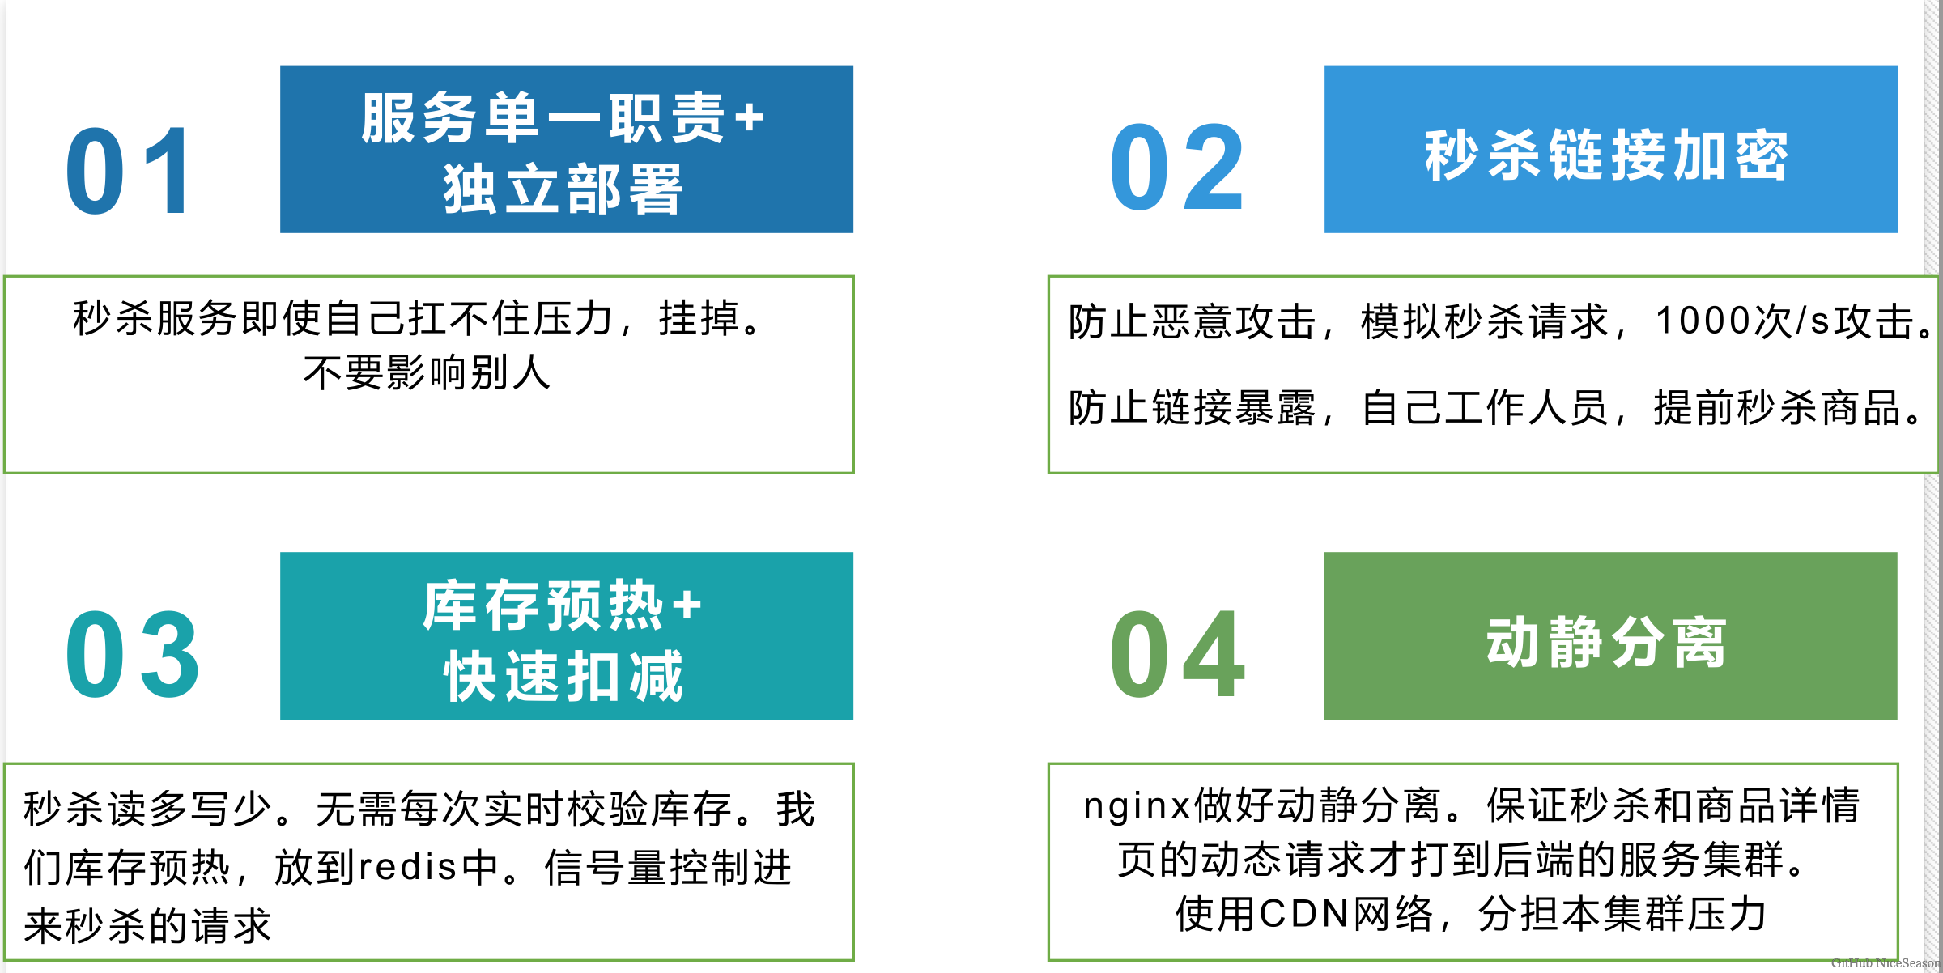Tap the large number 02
pos(1176,168)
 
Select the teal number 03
pos(132,655)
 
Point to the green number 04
pos(1176,655)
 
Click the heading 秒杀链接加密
pos(1607,155)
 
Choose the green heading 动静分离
pos(1607,642)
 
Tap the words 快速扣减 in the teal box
pos(563,677)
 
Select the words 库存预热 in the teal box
pos(543,605)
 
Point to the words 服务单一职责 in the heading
pos(543,118)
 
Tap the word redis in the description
pos(409,867)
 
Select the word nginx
pos(1137,805)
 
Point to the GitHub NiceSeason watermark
pos(1885,963)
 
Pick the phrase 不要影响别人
pos(427,373)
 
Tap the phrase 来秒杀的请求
pos(147,925)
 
